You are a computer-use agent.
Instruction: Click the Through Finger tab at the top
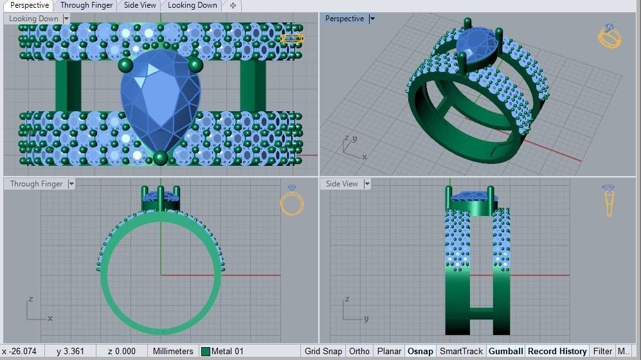pyautogui.click(x=86, y=5)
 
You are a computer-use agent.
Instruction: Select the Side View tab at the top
pyautogui.click(x=140, y=5)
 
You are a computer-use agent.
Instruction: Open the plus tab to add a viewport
pyautogui.click(x=233, y=5)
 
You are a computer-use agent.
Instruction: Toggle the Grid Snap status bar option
pyautogui.click(x=323, y=352)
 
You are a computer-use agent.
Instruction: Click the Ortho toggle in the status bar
pyautogui.click(x=359, y=352)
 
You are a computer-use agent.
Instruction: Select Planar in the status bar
pyautogui.click(x=389, y=352)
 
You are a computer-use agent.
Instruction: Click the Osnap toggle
pyautogui.click(x=420, y=352)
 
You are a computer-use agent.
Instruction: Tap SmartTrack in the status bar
pyautogui.click(x=461, y=352)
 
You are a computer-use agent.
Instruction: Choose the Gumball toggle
pyautogui.click(x=505, y=352)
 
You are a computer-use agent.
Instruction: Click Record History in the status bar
pyautogui.click(x=557, y=352)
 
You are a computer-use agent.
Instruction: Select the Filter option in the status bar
pyautogui.click(x=602, y=352)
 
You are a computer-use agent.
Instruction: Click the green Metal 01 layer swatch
pyautogui.click(x=206, y=352)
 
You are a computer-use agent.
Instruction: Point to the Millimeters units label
pyautogui.click(x=172, y=352)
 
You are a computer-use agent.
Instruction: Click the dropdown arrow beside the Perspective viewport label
pyautogui.click(x=372, y=19)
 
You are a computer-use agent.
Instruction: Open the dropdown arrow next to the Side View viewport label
pyautogui.click(x=367, y=184)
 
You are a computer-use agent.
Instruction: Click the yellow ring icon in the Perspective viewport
pyautogui.click(x=609, y=36)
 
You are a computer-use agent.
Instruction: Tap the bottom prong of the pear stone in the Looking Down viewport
pyautogui.click(x=161, y=157)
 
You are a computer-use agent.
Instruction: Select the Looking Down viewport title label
pyautogui.click(x=33, y=19)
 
